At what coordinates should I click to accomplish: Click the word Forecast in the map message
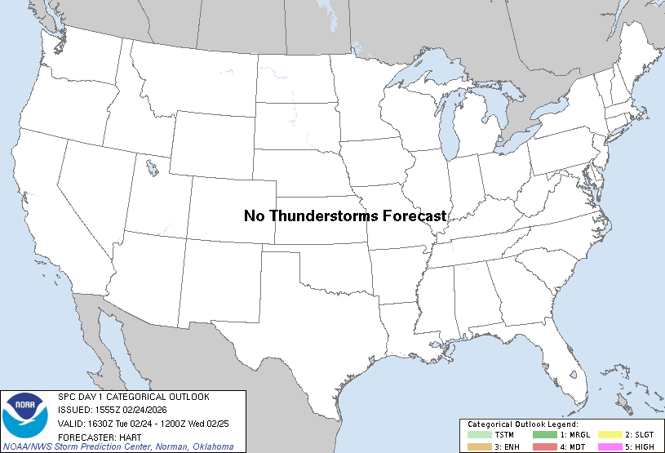tap(411, 215)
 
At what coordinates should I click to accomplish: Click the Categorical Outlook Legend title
tap(523, 424)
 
